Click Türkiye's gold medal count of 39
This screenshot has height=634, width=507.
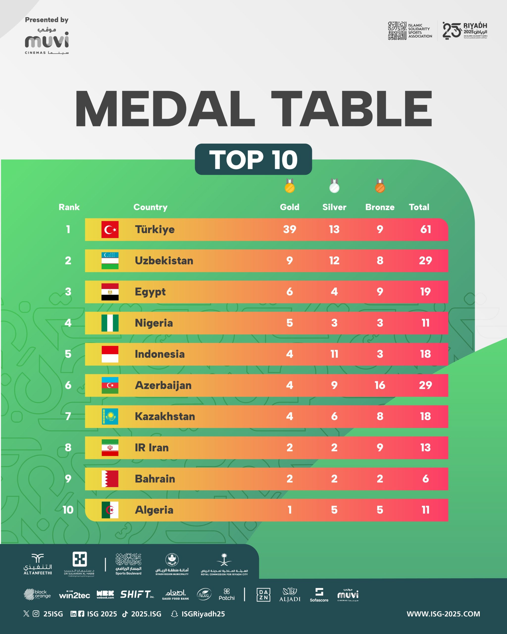tap(289, 229)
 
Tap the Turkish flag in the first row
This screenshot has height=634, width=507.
tap(110, 229)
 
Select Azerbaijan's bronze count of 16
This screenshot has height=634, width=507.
tap(380, 385)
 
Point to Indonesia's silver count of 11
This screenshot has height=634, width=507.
tap(334, 354)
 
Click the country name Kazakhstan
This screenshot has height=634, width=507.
tap(165, 416)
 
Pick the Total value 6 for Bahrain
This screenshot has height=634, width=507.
tap(425, 479)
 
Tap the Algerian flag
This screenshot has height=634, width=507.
tap(110, 510)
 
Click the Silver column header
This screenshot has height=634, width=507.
tap(334, 207)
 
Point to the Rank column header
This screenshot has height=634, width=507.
tap(69, 207)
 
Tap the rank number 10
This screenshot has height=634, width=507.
tap(68, 510)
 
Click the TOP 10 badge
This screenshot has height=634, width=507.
tap(253, 159)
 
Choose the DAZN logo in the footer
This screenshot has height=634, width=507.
tap(263, 595)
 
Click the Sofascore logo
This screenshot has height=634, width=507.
tap(319, 595)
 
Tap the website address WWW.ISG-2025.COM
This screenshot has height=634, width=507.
tap(443, 614)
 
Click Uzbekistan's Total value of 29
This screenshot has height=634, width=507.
tap(425, 261)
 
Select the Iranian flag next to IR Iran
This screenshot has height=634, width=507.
tap(110, 448)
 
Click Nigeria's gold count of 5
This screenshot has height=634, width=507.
tap(289, 323)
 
